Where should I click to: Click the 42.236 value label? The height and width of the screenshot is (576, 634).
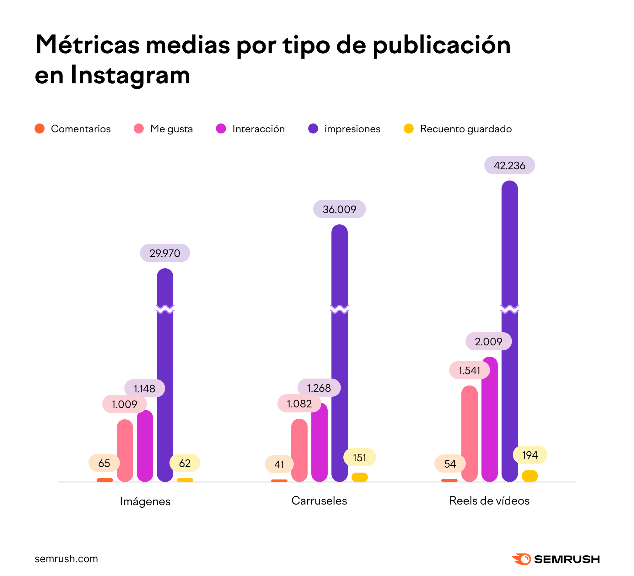click(509, 165)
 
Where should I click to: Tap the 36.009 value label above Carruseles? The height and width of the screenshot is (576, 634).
click(339, 209)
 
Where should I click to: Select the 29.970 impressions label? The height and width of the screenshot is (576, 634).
click(165, 253)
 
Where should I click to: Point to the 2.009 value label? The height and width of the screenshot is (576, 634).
click(488, 341)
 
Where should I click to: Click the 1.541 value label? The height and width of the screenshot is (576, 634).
click(469, 370)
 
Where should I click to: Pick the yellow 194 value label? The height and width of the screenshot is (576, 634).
click(530, 455)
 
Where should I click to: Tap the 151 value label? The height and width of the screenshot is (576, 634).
click(359, 457)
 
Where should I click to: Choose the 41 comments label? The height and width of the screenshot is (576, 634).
click(279, 464)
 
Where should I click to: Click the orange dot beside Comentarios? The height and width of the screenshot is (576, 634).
click(40, 128)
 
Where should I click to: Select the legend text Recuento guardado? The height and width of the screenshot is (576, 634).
click(466, 129)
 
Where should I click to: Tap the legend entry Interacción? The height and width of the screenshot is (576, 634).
click(259, 129)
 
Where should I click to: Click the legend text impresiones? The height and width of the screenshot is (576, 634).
click(352, 129)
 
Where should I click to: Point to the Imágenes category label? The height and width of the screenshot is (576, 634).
click(145, 501)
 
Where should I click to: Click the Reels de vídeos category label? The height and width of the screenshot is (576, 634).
click(489, 500)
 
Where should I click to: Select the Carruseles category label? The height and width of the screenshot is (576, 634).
click(319, 500)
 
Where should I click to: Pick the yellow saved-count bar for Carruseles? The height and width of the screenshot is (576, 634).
click(359, 477)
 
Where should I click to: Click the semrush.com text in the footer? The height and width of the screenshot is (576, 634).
click(66, 559)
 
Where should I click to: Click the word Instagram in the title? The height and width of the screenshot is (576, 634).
click(131, 76)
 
